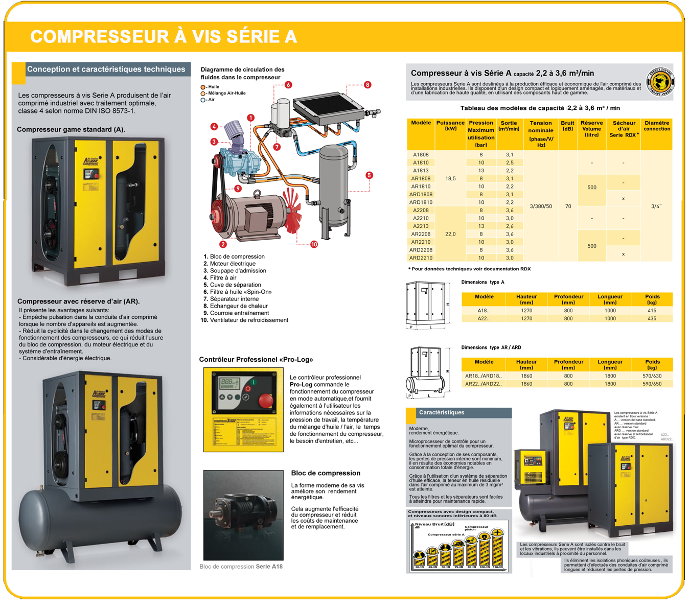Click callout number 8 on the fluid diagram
click(367, 85)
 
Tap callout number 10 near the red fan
click(314, 244)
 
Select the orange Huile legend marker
click(203, 87)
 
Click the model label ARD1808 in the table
click(421, 194)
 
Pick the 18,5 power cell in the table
click(450, 179)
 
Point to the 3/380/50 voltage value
click(541, 206)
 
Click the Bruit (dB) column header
click(567, 126)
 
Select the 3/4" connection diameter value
click(656, 206)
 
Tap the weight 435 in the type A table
click(652, 318)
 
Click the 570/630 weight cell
click(652, 376)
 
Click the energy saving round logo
click(661, 81)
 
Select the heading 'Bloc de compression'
click(326, 473)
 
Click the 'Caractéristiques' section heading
click(442, 412)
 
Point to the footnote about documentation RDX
click(470, 269)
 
